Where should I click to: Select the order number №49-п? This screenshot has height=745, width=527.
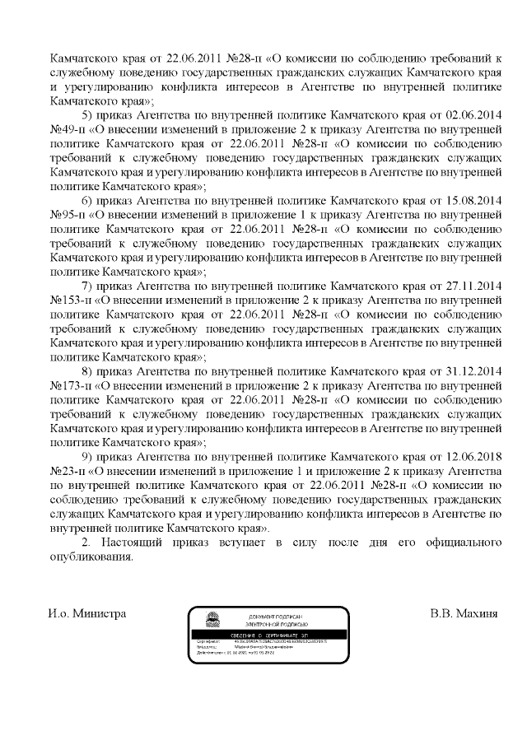coord(69,128)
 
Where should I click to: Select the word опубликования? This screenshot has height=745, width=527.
coord(91,556)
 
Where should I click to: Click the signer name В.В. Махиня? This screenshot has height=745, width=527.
coord(464,614)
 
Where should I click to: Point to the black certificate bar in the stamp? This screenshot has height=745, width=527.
coord(268,636)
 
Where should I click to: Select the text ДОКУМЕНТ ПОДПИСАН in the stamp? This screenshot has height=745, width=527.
coord(276,617)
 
